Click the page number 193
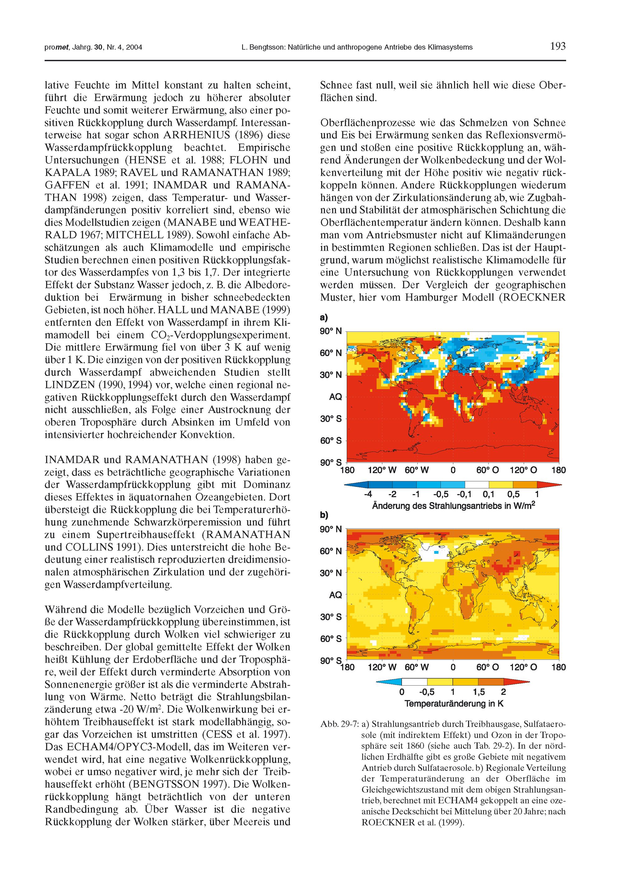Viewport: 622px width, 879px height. [558, 47]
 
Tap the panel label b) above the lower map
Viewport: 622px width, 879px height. [324, 515]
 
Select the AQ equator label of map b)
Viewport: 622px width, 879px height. [336, 594]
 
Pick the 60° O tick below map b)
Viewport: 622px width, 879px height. [488, 667]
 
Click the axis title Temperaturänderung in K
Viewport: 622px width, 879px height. [454, 704]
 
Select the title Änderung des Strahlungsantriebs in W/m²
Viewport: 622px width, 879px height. [453, 506]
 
